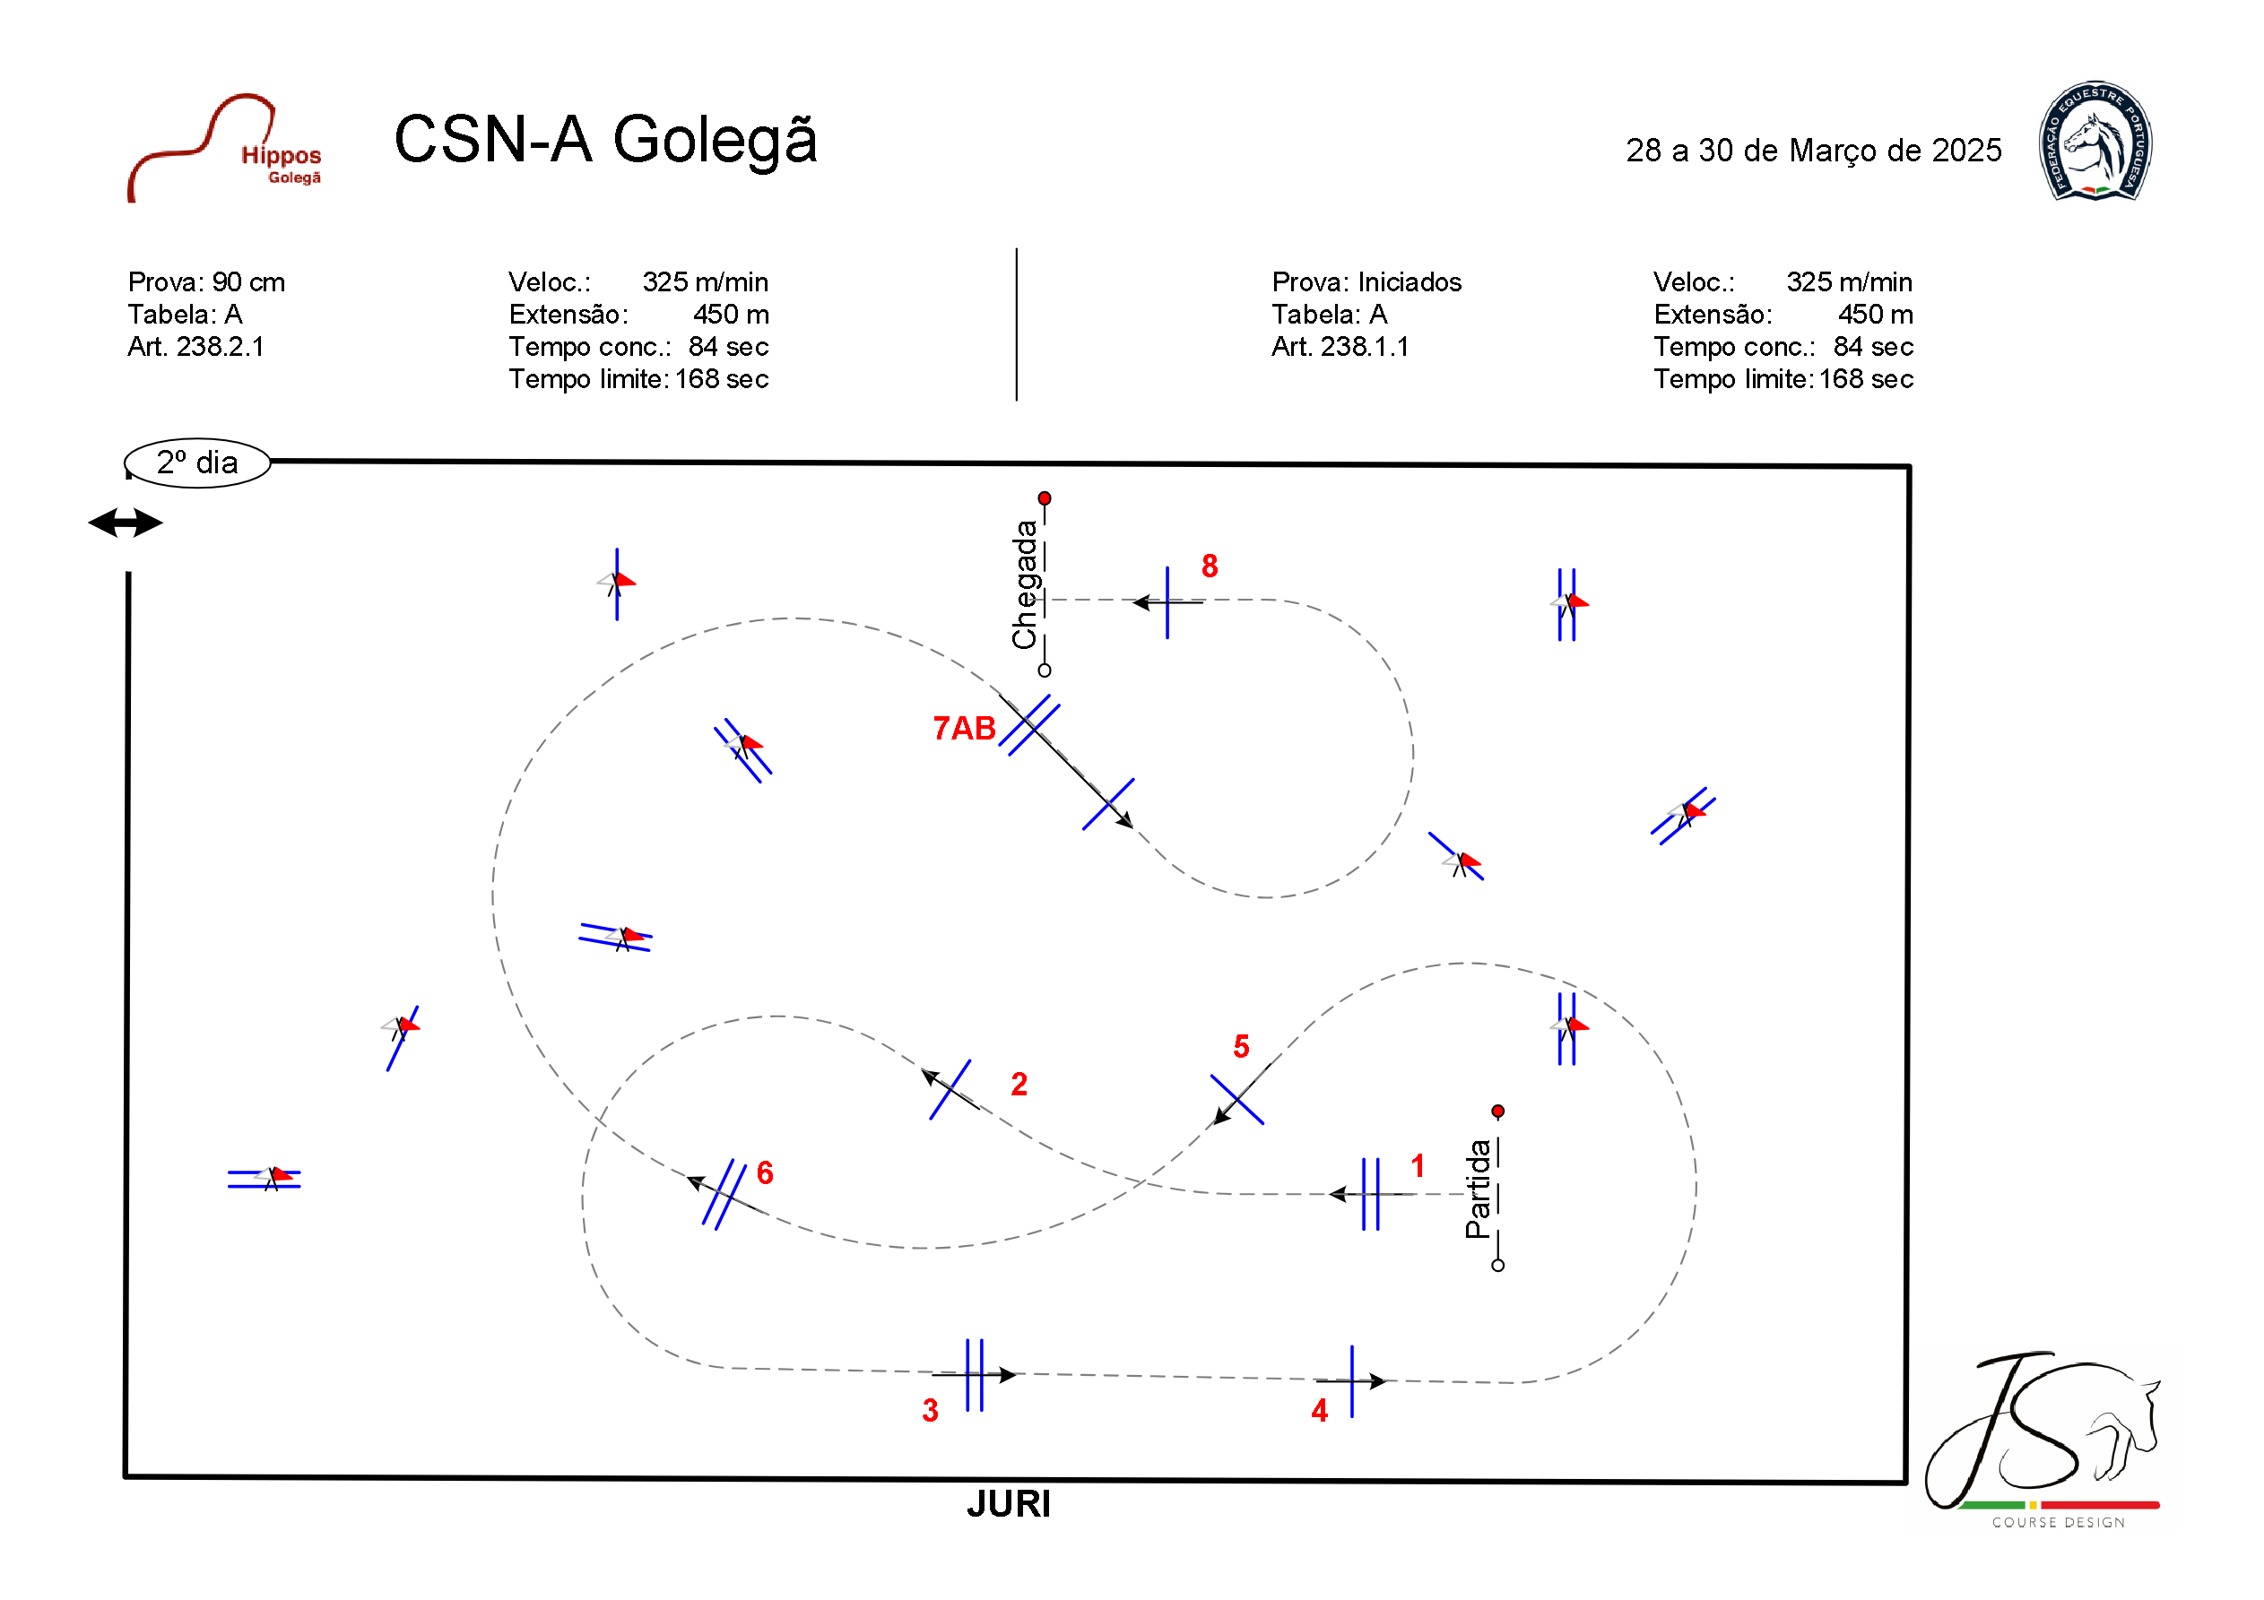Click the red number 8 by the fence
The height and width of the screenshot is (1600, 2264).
point(1209,566)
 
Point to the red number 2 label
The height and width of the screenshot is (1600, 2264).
point(1019,1085)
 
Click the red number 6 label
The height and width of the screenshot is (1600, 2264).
point(764,1173)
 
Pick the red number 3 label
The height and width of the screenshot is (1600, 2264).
point(930,1411)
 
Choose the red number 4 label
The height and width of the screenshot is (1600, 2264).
point(1319,1411)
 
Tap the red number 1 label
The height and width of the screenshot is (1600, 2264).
point(1417,1166)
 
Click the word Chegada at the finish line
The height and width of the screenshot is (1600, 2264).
point(1026,584)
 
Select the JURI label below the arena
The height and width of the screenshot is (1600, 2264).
point(1008,1504)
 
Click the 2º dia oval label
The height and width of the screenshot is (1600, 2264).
point(197,463)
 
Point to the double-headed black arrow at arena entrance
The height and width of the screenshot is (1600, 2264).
point(126,523)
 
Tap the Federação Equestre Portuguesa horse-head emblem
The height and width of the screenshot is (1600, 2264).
point(2095,142)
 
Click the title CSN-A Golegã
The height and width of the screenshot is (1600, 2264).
point(605,139)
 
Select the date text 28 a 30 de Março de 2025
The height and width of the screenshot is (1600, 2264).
point(1812,151)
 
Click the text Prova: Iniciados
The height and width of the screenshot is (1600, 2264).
point(1366,283)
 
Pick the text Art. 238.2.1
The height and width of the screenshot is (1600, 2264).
point(195,347)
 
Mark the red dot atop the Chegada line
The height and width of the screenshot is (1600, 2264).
point(1045,497)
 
